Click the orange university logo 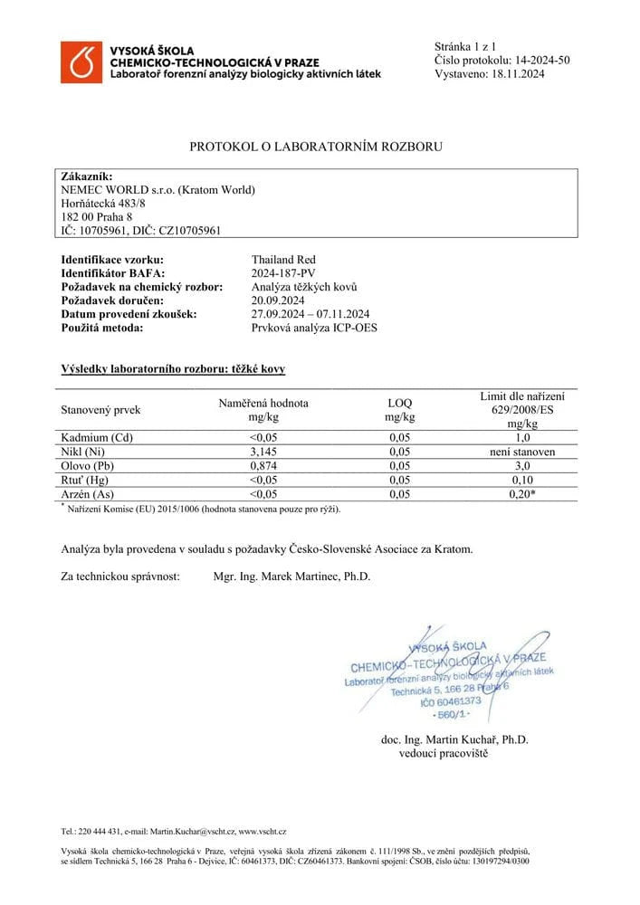coord(81,62)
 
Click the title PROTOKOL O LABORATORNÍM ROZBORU coord(316,146)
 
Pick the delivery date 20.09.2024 coord(281,300)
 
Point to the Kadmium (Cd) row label coord(96,438)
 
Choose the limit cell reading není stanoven coord(519,452)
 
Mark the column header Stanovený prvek coord(100,410)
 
